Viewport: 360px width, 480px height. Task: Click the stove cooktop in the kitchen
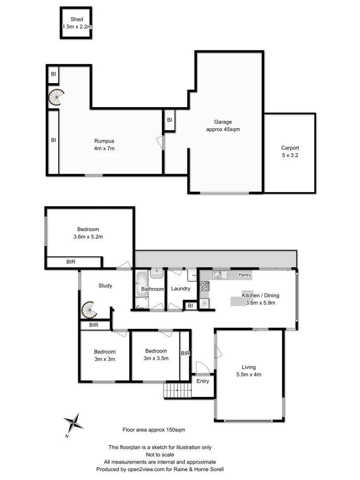click(204, 287)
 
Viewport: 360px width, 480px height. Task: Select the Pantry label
click(244, 275)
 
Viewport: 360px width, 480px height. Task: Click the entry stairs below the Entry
click(177, 391)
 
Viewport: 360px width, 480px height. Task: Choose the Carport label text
click(290, 148)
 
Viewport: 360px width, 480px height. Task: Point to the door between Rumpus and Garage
click(161, 143)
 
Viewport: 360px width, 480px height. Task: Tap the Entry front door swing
click(201, 367)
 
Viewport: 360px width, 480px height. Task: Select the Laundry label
click(181, 289)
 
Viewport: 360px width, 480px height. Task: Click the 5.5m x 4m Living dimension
click(248, 374)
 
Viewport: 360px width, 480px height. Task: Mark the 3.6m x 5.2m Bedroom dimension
click(88, 237)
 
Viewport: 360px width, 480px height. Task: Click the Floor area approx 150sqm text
click(153, 430)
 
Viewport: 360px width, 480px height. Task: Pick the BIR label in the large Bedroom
click(71, 262)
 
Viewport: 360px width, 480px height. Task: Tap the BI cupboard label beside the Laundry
click(190, 305)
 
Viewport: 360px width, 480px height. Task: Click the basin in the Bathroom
click(157, 273)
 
